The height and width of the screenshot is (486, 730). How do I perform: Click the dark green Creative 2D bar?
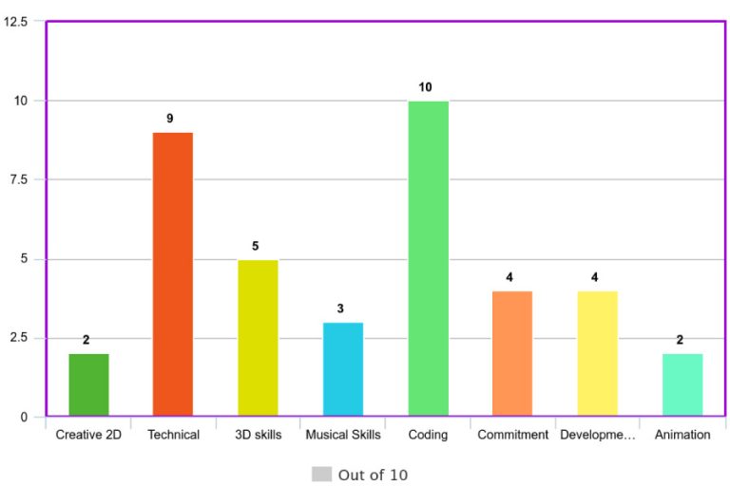tap(88, 384)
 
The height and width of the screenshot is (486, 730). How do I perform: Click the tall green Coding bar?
tap(428, 258)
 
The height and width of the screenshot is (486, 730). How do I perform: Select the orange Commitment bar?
tap(512, 353)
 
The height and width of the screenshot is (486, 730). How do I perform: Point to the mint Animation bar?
tap(682, 384)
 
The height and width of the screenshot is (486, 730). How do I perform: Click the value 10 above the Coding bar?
tap(425, 87)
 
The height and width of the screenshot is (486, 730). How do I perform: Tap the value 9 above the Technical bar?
tap(170, 119)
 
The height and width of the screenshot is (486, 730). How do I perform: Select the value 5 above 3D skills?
tap(256, 246)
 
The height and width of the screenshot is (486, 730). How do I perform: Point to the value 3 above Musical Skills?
tap(340, 308)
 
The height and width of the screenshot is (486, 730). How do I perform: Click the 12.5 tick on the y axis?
tap(15, 21)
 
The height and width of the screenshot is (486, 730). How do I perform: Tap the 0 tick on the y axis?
tap(24, 417)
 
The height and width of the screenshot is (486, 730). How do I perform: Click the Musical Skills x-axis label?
tap(343, 435)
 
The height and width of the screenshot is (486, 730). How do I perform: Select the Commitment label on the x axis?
tap(513, 435)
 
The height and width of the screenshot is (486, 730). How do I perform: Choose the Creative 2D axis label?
tap(88, 435)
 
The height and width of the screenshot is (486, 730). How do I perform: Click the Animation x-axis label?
tap(682, 435)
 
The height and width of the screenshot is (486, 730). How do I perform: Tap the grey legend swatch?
tap(321, 474)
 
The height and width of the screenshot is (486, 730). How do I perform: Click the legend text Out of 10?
tap(373, 475)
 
